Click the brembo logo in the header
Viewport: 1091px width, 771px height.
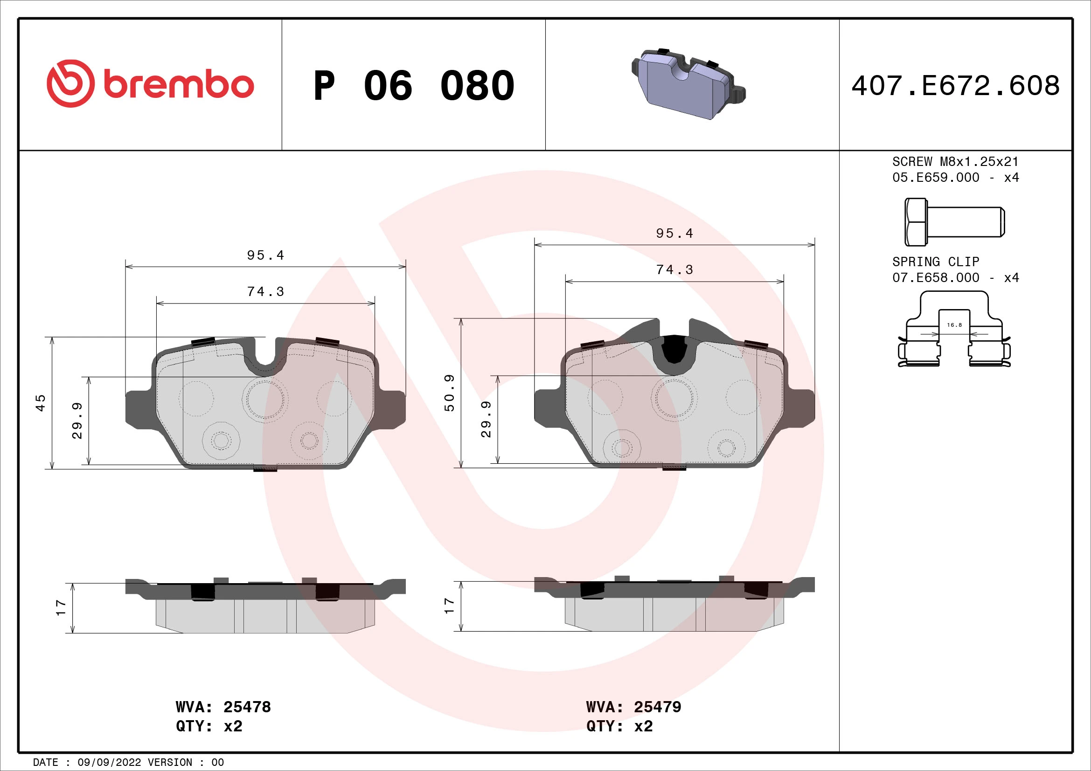tap(150, 84)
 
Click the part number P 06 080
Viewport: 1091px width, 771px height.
tap(413, 86)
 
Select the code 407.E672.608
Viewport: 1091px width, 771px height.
tap(955, 86)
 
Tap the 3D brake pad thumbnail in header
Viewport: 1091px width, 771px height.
tap(688, 84)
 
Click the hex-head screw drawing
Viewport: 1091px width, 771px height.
tap(954, 222)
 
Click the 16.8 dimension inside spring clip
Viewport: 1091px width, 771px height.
tap(954, 325)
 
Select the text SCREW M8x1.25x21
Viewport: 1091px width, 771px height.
tap(955, 161)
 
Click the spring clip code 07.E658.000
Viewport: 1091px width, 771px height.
tap(936, 278)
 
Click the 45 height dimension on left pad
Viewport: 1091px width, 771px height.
tap(42, 403)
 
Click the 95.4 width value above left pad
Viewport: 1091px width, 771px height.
tap(265, 255)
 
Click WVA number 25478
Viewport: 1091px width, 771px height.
tap(247, 707)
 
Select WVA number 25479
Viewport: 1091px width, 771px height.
tap(657, 707)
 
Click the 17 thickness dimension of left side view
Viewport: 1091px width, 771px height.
tap(61, 608)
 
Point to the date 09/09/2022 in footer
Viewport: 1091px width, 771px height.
tap(109, 762)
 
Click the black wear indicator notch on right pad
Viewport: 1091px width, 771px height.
tap(674, 349)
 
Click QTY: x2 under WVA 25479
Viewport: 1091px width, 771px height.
tap(619, 726)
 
